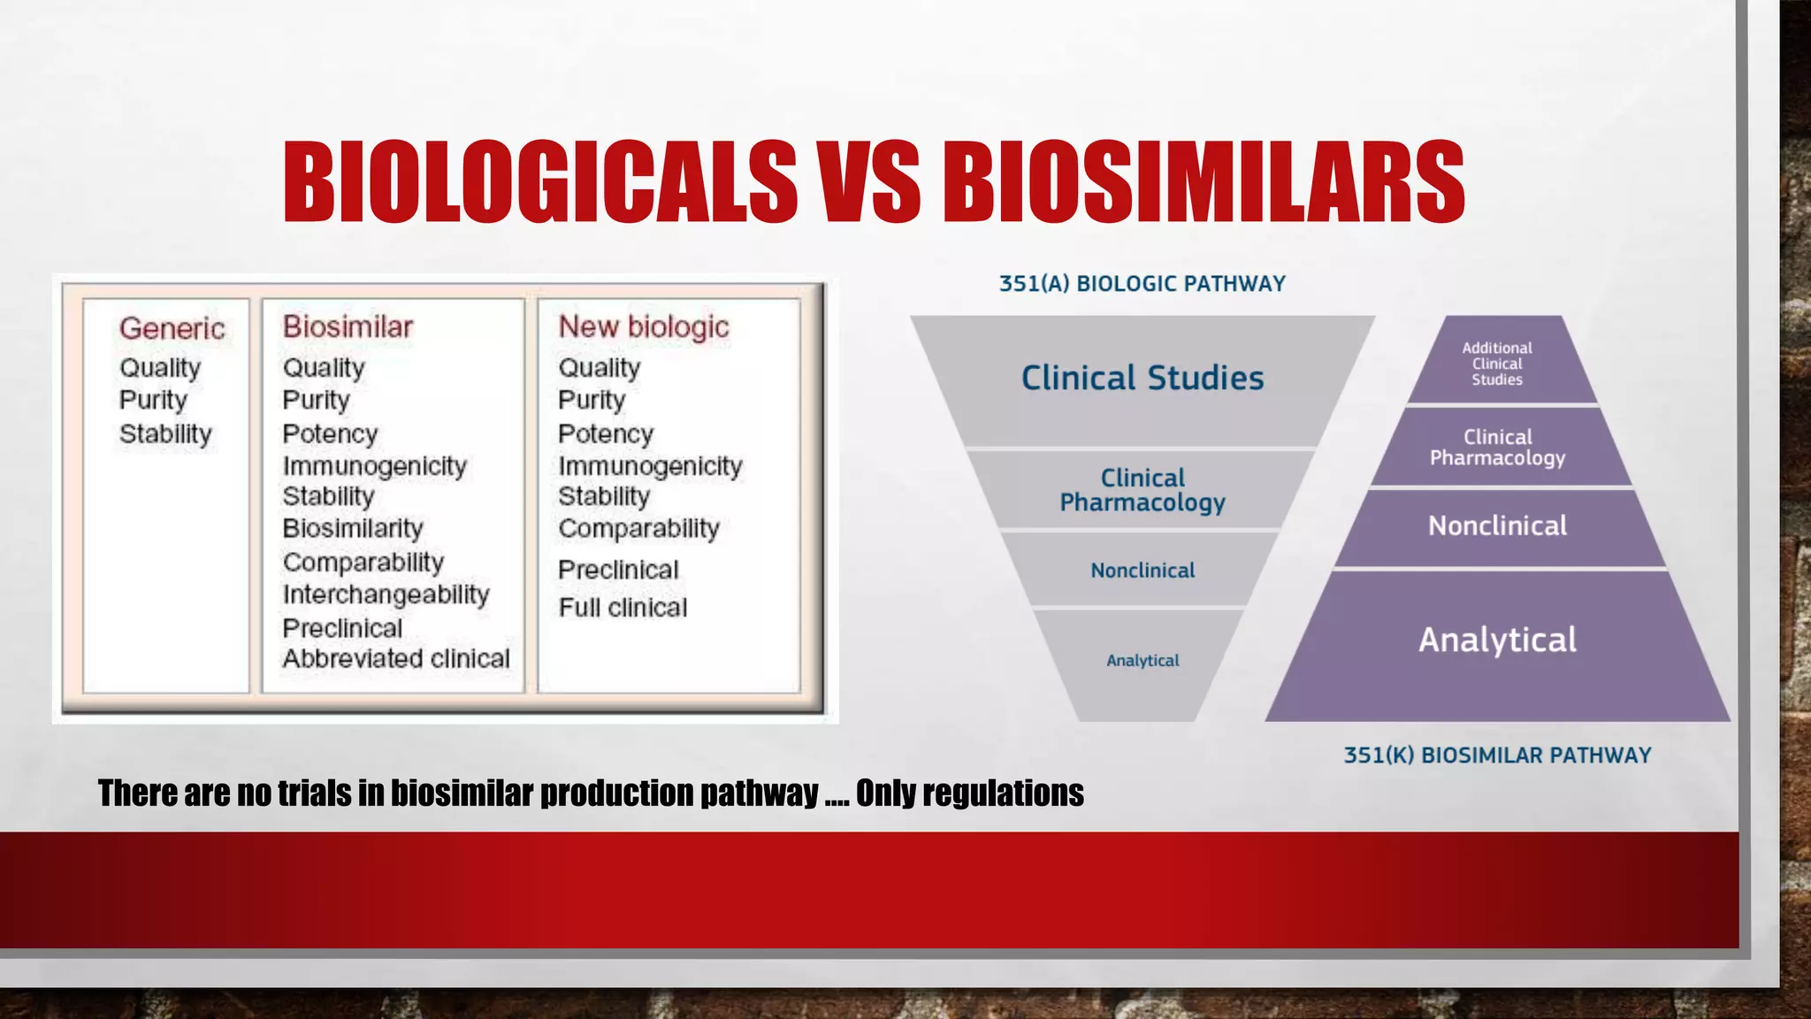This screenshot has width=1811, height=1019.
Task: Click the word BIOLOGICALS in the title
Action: (539, 182)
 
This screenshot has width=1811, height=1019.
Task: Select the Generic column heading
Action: (172, 328)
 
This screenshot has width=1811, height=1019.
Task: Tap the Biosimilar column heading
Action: (348, 326)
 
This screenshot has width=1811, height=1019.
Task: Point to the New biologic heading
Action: (643, 326)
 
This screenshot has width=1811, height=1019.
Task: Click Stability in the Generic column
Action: (165, 433)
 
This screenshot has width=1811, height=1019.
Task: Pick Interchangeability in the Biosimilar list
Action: (386, 594)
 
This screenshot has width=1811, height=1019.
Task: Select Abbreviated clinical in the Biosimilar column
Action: (396, 658)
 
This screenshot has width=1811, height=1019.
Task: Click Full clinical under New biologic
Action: (623, 608)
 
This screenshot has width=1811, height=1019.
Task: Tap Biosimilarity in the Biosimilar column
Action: (353, 528)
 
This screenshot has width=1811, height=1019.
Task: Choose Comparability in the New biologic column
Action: (638, 528)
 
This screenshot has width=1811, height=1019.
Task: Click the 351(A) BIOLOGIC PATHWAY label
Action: (1142, 284)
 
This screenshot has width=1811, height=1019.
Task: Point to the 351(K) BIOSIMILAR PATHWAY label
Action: (1497, 755)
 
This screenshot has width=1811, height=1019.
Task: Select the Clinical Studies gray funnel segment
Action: (1142, 379)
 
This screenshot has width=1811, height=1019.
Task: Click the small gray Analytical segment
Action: (1142, 661)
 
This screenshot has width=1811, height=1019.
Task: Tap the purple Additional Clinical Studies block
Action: (1497, 364)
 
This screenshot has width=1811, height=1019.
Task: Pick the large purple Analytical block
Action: (1497, 640)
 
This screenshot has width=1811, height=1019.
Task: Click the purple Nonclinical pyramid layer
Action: (1497, 526)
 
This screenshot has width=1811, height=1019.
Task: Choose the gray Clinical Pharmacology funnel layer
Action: (1142, 490)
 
